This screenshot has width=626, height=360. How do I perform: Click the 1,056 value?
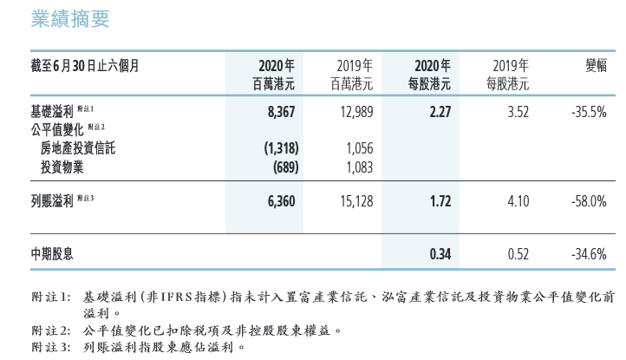pyautogui.click(x=359, y=148)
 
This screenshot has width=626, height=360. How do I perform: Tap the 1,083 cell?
pyautogui.click(x=359, y=166)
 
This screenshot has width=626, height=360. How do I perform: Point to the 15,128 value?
pyautogui.click(x=355, y=201)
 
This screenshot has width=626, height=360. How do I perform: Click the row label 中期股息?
pyautogui.click(x=52, y=254)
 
